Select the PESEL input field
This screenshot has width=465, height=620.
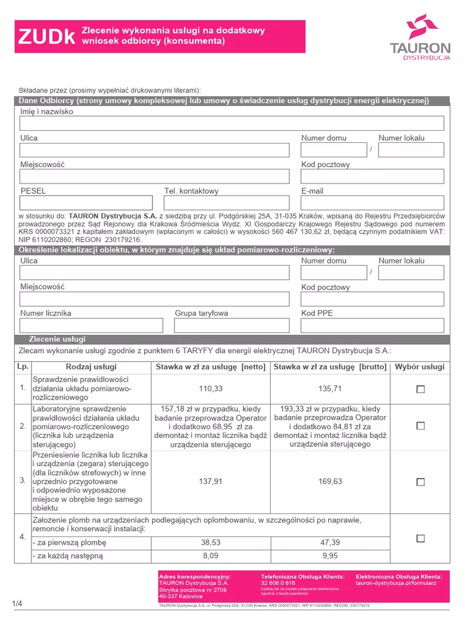pyautogui.click(x=86, y=203)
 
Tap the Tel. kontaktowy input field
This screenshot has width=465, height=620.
pyautogui.click(x=228, y=203)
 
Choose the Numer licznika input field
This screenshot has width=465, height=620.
pyautogui.click(x=91, y=326)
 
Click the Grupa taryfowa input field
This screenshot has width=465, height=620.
pyautogui.click(x=232, y=326)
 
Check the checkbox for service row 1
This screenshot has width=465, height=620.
pyautogui.click(x=421, y=389)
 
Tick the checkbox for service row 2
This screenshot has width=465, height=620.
pyautogui.click(x=421, y=426)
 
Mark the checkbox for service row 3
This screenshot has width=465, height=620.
pyautogui.click(x=421, y=482)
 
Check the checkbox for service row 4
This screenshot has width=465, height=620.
pyautogui.click(x=421, y=538)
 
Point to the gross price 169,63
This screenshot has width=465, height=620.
pyautogui.click(x=330, y=481)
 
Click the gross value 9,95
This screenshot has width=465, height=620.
pyautogui.click(x=330, y=555)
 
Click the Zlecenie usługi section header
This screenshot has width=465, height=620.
pyautogui.click(x=58, y=339)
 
